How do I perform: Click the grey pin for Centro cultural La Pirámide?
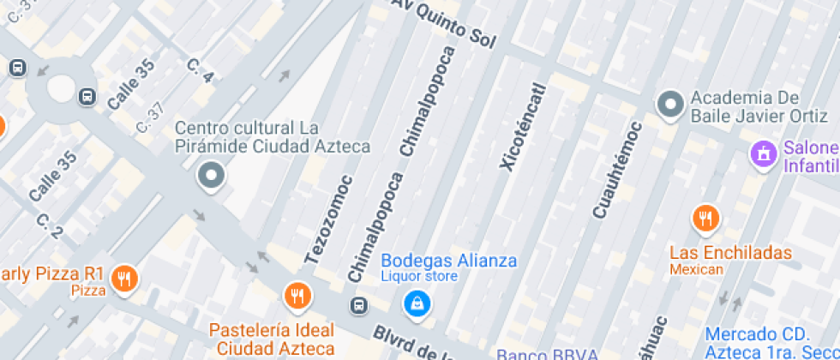pyautogui.click(x=211, y=177)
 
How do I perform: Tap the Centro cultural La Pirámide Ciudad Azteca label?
pyautogui.click(x=273, y=137)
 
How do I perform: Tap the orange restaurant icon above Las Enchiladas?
pyautogui.click(x=705, y=219)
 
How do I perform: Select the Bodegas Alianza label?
pyautogui.click(x=449, y=261)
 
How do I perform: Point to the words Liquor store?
pyautogui.click(x=419, y=277)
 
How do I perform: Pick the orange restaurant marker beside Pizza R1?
pyautogui.click(x=124, y=277)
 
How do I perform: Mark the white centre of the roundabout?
pyautogui.click(x=62, y=87)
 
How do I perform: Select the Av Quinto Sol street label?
pyautogui.click(x=445, y=24)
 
